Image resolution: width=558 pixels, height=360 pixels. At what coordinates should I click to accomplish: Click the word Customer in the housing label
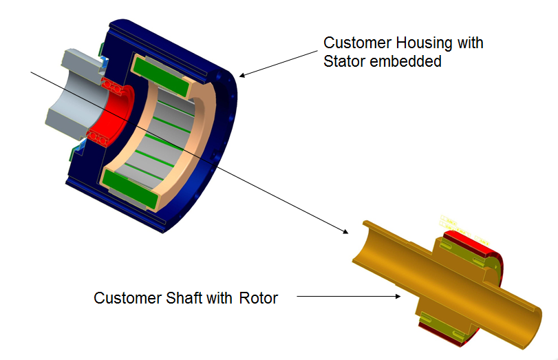click(x=357, y=43)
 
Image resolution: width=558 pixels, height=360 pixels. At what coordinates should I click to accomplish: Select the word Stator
click(x=345, y=61)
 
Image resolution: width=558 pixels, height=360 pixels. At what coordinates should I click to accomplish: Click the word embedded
click(x=406, y=61)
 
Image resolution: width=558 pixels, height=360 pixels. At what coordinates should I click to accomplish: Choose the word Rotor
click(x=259, y=298)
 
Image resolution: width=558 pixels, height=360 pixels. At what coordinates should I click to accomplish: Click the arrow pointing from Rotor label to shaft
click(x=348, y=296)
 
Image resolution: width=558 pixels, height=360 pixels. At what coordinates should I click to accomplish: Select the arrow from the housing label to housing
click(x=278, y=63)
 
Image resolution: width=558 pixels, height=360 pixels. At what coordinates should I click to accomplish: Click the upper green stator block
click(x=161, y=76)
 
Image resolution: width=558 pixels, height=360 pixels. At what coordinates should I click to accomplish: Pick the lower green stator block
click(x=131, y=189)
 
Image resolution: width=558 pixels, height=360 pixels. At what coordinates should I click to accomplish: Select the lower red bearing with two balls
click(x=98, y=138)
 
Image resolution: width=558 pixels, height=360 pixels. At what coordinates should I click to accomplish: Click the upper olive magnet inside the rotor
click(x=462, y=253)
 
